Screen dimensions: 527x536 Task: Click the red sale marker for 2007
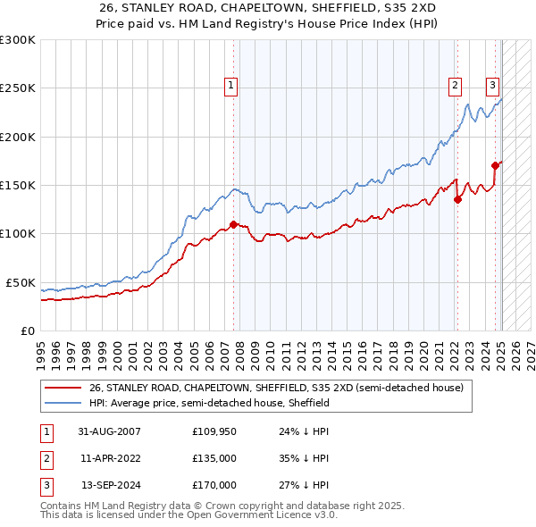[233, 224]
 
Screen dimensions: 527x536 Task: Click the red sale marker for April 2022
[457, 199]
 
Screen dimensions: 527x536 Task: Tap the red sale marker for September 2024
[494, 165]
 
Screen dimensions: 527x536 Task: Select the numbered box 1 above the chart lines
[231, 86]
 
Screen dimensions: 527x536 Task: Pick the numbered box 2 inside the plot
[455, 86]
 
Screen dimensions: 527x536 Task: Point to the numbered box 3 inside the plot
[492, 86]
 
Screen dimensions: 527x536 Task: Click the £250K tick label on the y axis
[18, 88]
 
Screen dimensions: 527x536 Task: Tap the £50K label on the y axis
[21, 282]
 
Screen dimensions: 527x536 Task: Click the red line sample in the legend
[63, 389]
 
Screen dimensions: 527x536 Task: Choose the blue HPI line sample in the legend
[63, 404]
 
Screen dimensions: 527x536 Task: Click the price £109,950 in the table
[214, 431]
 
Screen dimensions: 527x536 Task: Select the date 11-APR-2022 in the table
[111, 458]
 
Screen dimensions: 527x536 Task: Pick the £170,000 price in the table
[214, 485]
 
